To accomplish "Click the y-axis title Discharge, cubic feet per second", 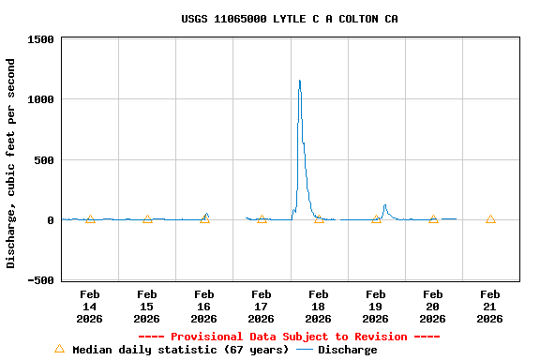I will pos(11,163).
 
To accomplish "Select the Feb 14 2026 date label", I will pos(90,307).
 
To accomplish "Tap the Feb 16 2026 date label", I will pos(204,307).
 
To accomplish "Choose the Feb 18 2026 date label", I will pos(319,307).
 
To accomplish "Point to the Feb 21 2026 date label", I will pos(489,307).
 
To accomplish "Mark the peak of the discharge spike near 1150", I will pos(300,82).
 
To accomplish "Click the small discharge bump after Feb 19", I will pos(384,206).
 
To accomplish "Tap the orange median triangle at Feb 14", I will pos(90,218).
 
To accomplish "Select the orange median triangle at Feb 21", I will pos(490,218).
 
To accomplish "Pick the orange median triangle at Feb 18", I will pos(319,218).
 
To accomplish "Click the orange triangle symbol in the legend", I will pos(59,349).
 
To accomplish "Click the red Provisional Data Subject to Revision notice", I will pos(289,337).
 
